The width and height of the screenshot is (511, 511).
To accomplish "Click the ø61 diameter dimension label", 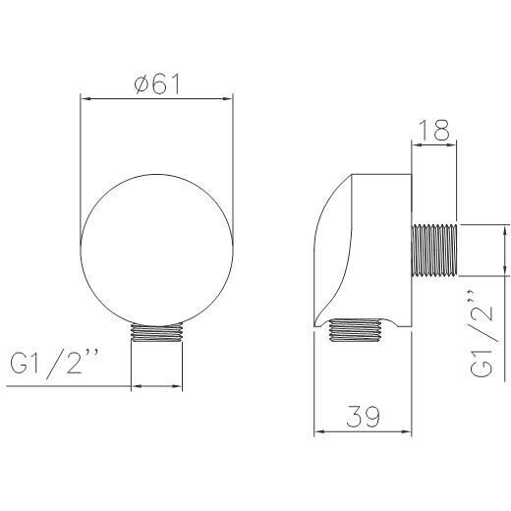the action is (x=157, y=85).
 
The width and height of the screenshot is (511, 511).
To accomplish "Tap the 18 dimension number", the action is (x=434, y=130).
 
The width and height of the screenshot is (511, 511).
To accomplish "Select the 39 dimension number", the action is (x=364, y=417).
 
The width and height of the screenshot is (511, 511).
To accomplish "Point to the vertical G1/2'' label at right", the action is (x=483, y=333).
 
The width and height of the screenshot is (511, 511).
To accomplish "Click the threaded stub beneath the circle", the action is (x=157, y=332).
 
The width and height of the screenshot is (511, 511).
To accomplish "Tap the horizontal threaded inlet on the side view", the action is (x=434, y=251).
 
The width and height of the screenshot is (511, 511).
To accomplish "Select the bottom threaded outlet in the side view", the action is (x=356, y=330).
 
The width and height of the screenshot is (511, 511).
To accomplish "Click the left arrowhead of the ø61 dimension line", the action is (x=85, y=98).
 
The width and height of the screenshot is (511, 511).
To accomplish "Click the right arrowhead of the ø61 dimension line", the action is (x=228, y=98).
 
